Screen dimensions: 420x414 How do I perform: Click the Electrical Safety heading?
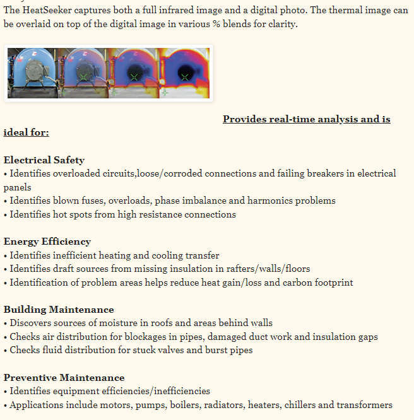pos(44,160)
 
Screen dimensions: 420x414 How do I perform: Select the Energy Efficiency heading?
pos(47,242)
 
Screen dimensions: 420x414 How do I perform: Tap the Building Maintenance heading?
pos(59,310)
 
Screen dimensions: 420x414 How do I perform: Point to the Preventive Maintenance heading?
pos(64,378)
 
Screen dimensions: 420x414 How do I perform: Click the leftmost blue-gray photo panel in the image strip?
pos(32,73)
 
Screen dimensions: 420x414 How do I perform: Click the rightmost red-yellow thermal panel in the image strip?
pos(184,73)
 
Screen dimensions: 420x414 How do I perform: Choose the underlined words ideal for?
pos(27,132)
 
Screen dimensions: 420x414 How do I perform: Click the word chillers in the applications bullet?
pos(302,405)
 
